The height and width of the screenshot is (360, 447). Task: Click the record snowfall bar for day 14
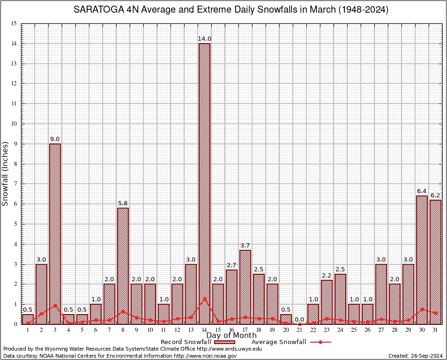[204, 183]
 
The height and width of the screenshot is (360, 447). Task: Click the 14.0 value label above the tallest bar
[204, 39]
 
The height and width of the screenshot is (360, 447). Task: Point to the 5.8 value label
[123, 203]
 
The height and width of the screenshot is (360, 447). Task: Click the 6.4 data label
[422, 191]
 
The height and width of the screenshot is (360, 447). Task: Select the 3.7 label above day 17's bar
[245, 245]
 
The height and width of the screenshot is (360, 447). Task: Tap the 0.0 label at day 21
[299, 319]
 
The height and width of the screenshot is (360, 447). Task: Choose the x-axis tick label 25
[354, 330]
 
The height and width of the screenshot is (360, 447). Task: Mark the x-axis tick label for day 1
[28, 330]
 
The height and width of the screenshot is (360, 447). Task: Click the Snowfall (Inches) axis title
[5, 173]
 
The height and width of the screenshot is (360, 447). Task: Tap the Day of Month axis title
[231, 336]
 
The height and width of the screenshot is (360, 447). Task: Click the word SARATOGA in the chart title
[97, 10]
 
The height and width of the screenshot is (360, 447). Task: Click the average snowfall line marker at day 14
[204, 298]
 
